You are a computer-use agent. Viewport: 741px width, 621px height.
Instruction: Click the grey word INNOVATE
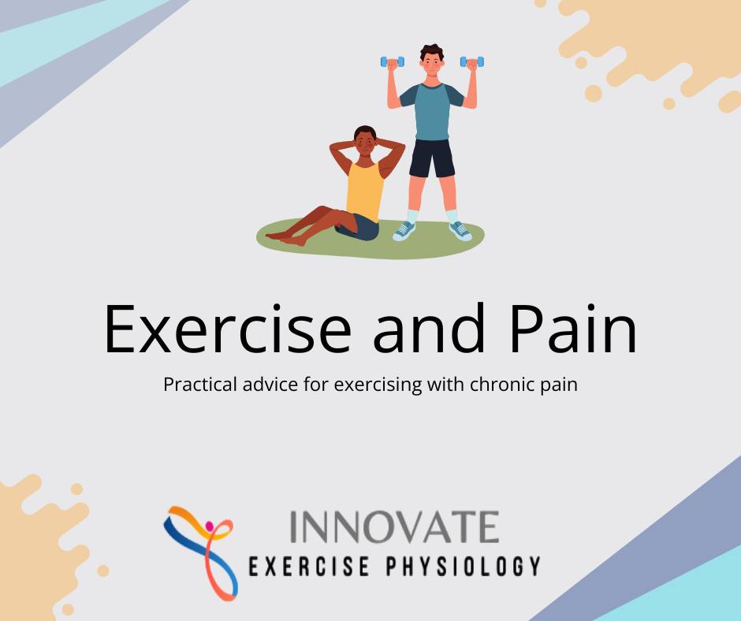click(394, 526)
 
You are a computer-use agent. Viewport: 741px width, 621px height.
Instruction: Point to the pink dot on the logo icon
click(209, 526)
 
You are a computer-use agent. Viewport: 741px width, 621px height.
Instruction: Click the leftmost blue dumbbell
click(392, 61)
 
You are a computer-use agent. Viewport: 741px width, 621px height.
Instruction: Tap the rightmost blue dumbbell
click(472, 61)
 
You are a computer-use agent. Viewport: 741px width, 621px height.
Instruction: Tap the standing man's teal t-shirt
click(432, 110)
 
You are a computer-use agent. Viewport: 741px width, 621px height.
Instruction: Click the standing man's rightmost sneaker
click(460, 230)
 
